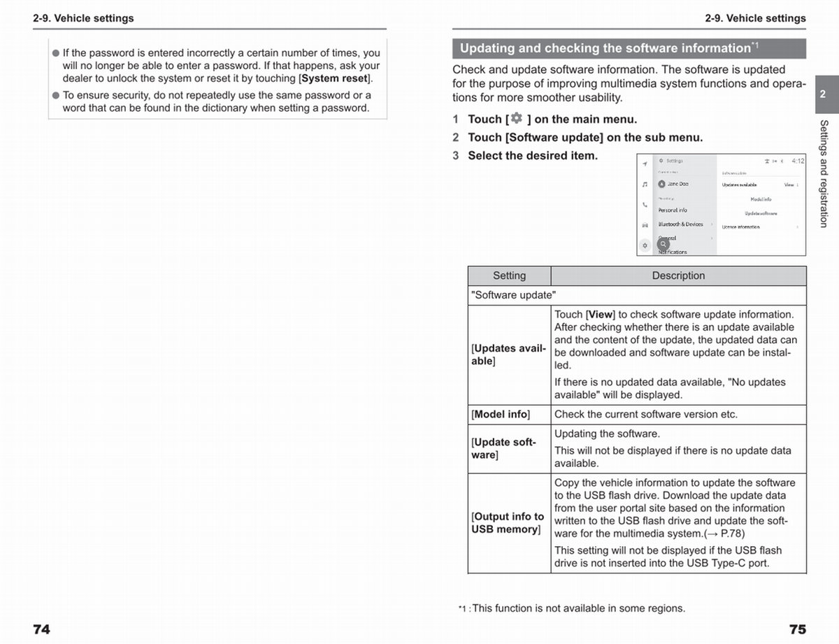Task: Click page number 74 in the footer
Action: coord(41,629)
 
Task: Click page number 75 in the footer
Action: coord(797,629)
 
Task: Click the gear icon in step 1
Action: coord(517,118)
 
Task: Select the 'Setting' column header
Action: coord(509,276)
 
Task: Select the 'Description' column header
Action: coord(678,276)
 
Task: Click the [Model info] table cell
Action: coord(501,414)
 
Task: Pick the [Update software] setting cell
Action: coord(504,448)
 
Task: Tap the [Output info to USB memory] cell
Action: coord(508,523)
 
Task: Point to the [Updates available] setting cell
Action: coord(508,355)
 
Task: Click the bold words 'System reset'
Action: coord(334,78)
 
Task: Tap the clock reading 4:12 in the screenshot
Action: coord(797,161)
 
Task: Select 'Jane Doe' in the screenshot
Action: coord(677,184)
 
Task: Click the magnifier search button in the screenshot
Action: coord(663,244)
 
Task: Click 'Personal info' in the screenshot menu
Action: coord(673,210)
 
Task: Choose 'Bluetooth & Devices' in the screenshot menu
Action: coord(680,224)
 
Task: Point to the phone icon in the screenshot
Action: coord(645,205)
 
